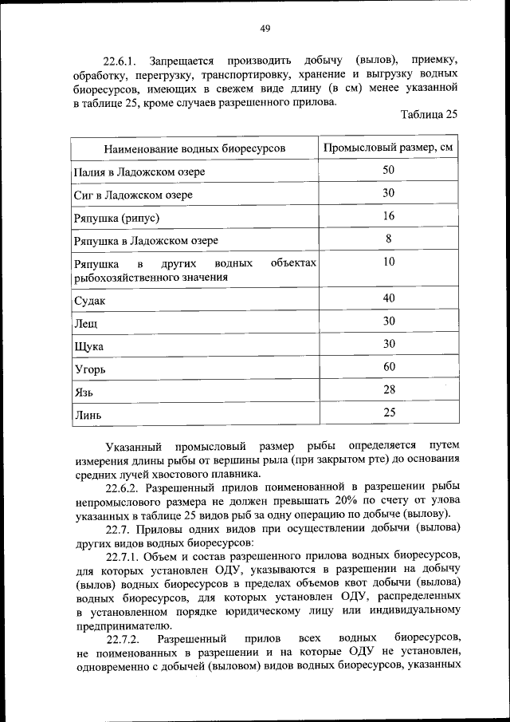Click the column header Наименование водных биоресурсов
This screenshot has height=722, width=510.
coord(194,148)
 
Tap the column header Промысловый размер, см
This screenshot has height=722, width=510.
coord(390,148)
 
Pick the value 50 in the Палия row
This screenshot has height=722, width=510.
coord(389,170)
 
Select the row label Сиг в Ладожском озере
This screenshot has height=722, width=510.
coord(133,194)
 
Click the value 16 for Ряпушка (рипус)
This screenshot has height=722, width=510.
coord(389,216)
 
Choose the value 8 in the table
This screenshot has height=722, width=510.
coord(389,239)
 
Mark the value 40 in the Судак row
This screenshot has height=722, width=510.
coord(389,298)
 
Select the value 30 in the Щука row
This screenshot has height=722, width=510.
coord(389,344)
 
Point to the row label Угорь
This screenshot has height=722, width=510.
coord(89,370)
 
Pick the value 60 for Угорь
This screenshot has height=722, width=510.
coord(389,367)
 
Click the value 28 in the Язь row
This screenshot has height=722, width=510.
coord(389,389)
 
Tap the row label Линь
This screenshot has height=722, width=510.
coord(88,415)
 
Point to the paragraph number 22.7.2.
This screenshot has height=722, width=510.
coord(124,639)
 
